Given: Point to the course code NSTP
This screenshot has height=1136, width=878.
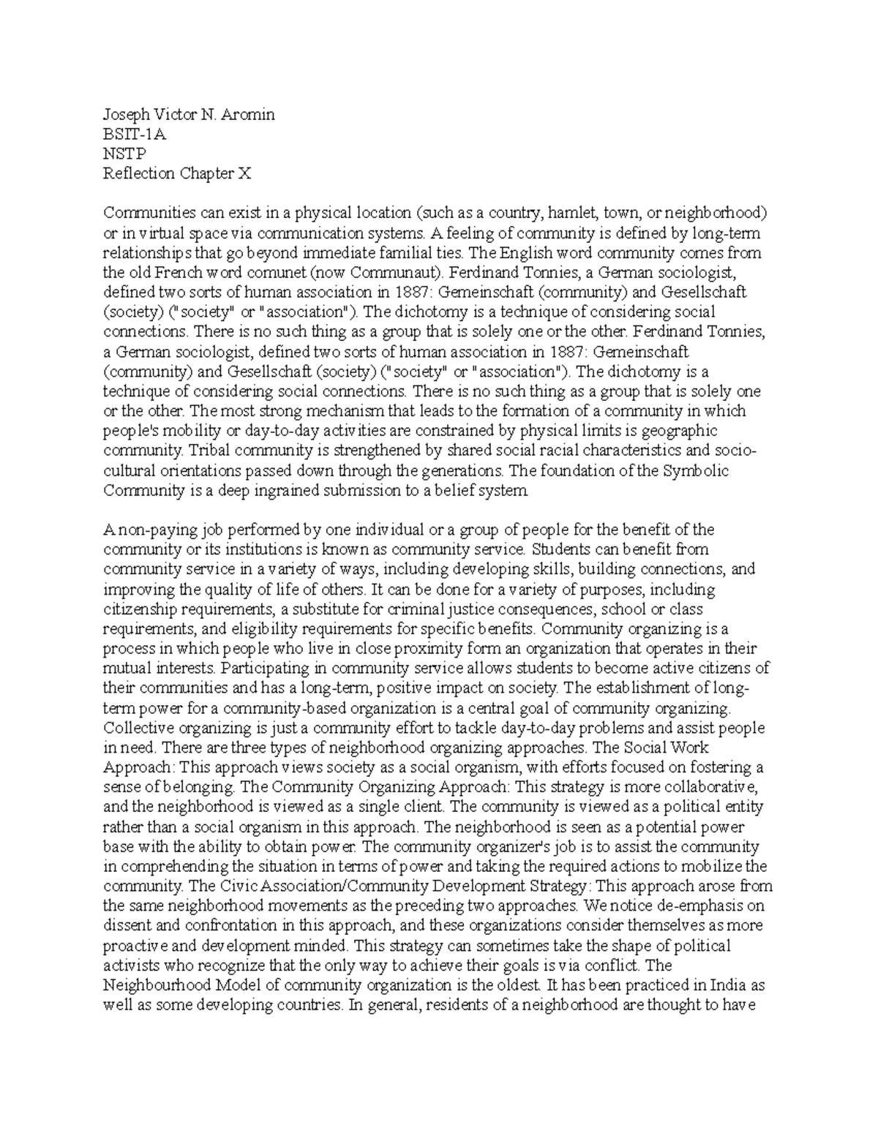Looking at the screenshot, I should pos(125,154).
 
